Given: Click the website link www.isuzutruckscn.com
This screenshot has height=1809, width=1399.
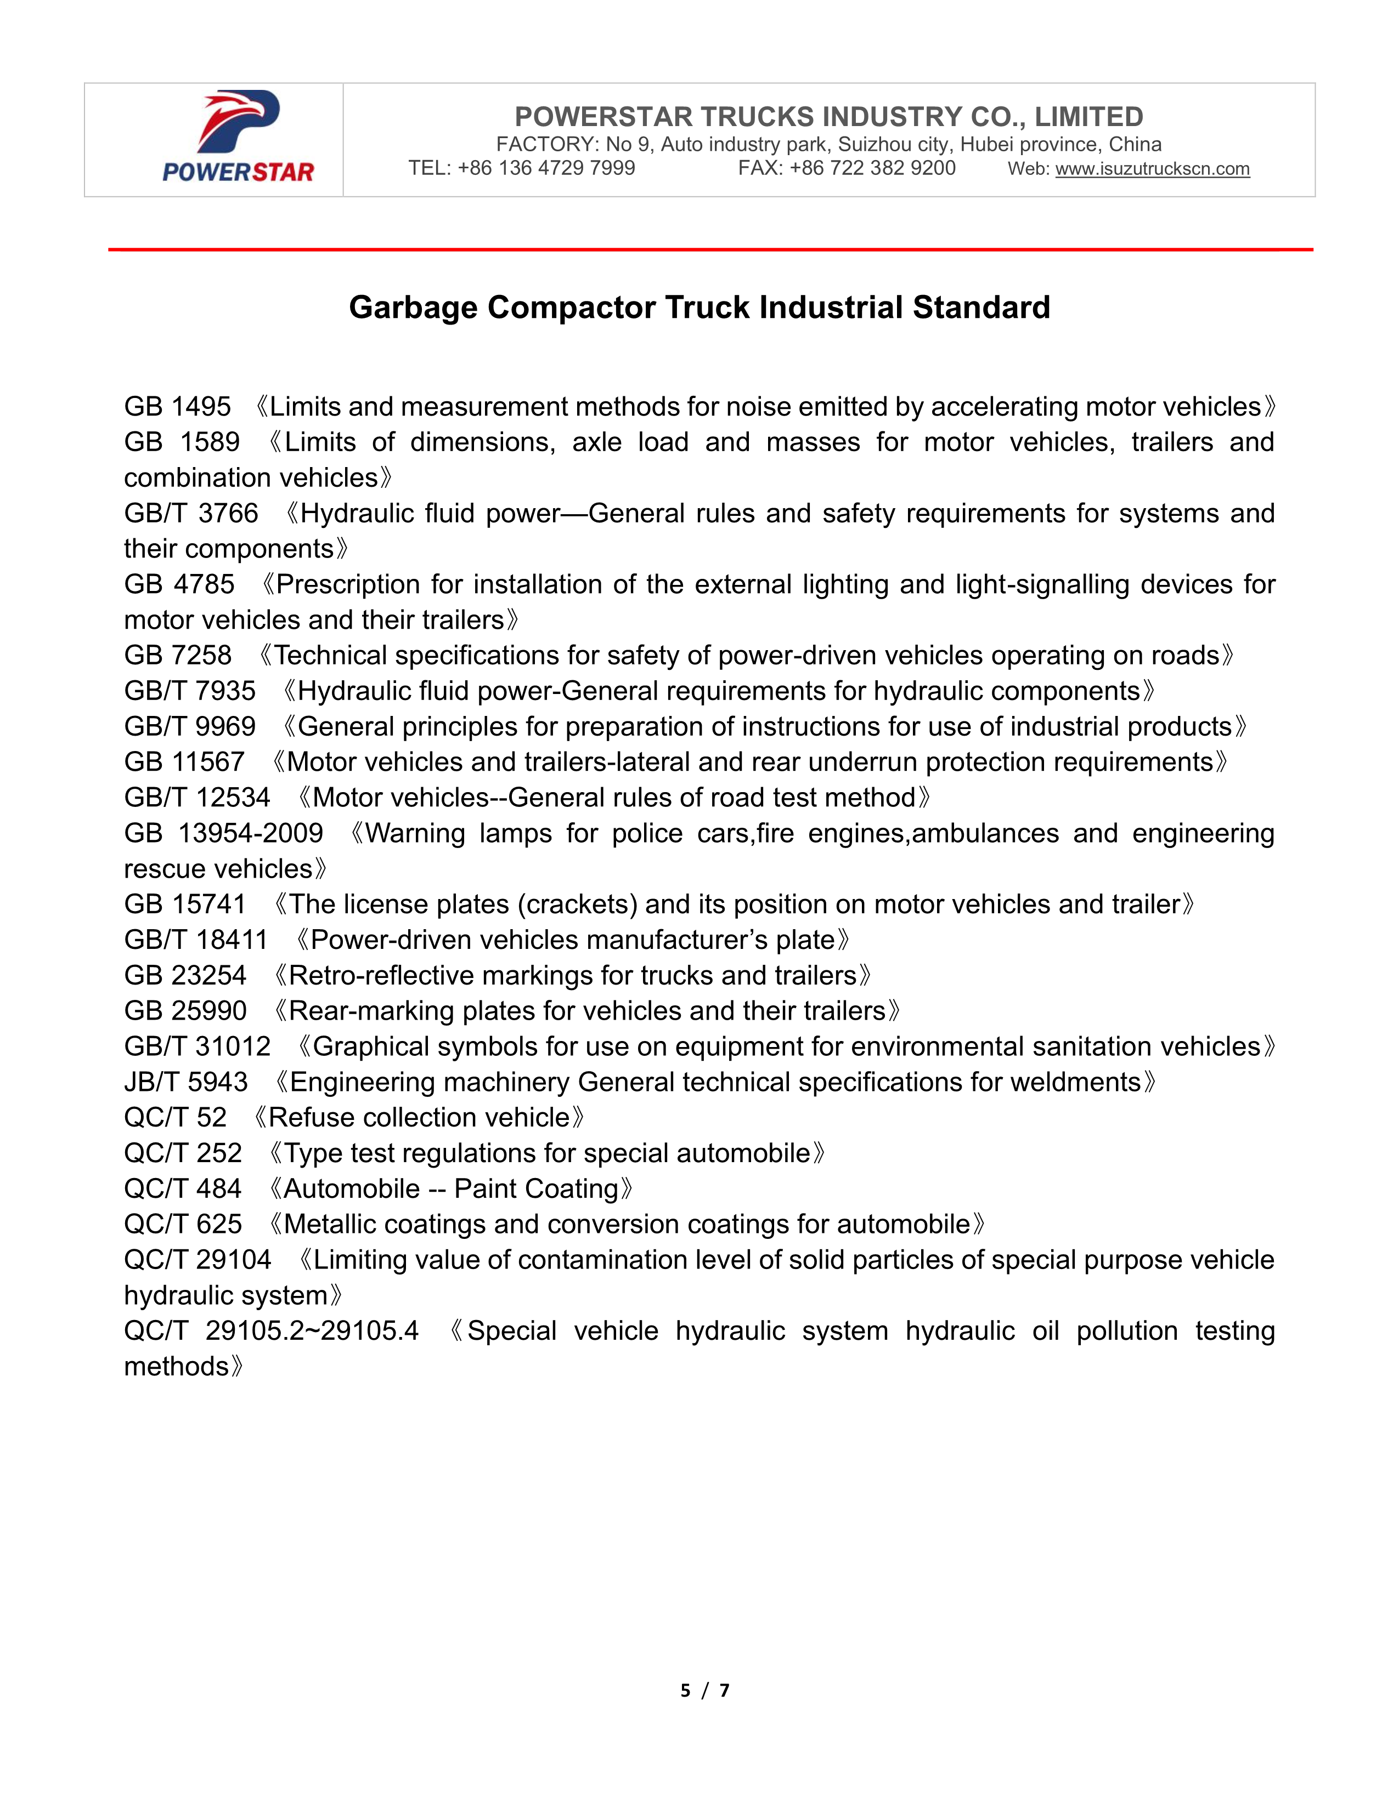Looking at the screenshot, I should [x=1152, y=169].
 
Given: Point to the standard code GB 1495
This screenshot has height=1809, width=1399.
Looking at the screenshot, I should [x=177, y=407].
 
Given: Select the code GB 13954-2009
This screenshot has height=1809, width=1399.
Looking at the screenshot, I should [x=224, y=833].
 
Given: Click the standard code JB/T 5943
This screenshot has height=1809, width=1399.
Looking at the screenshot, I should [x=185, y=1083].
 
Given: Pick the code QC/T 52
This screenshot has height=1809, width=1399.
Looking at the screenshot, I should [x=175, y=1118].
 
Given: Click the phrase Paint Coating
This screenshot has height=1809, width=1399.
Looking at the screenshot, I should [x=535, y=1190].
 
